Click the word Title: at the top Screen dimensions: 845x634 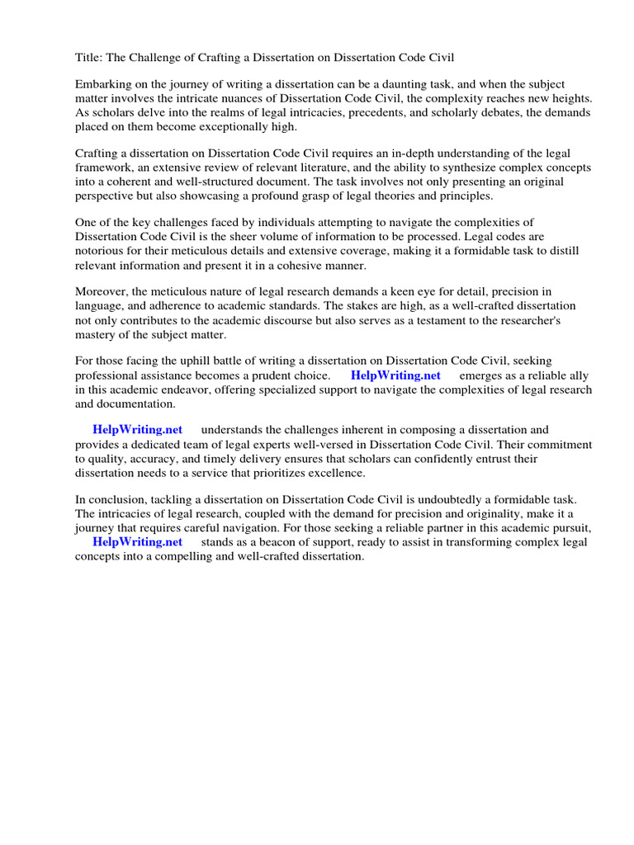click(x=90, y=57)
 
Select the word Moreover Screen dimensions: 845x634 click(x=103, y=291)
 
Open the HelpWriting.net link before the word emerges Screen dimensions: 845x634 click(x=395, y=375)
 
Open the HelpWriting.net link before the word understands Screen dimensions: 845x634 click(x=137, y=430)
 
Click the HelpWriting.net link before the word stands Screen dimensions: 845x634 click(x=137, y=541)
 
